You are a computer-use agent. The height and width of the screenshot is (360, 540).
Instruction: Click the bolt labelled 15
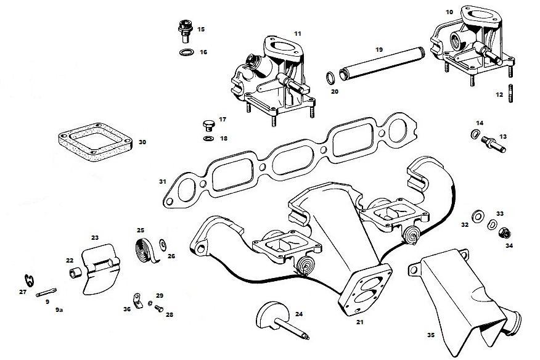183,30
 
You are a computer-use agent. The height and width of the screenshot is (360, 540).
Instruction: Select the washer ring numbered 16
184,52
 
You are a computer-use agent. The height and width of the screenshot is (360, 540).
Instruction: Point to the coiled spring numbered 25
146,245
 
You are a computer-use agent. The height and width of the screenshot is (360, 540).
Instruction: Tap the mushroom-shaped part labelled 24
277,317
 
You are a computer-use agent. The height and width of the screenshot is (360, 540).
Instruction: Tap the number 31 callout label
162,181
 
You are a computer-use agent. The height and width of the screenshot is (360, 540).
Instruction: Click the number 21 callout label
359,321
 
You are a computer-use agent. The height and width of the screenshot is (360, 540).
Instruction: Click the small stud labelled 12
510,92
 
